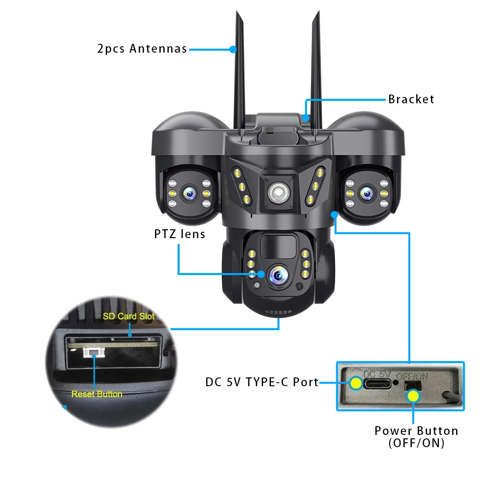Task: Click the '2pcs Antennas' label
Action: point(142,49)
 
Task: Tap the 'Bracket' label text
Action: point(411,99)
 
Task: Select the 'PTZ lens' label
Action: point(180,234)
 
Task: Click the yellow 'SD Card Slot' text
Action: point(129,316)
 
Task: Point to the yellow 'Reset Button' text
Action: point(97,394)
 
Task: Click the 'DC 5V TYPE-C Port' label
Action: point(262,382)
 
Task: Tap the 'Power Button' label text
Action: point(416,431)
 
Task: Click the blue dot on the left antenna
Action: point(233,49)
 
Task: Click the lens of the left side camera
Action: point(189,194)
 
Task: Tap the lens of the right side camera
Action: point(366,193)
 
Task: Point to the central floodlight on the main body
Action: point(277,192)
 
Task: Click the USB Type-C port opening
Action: point(376,383)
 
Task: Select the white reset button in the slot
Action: point(92,352)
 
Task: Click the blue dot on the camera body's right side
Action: point(335,215)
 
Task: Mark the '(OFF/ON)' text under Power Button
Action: point(416,443)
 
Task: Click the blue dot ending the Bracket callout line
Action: point(306,118)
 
